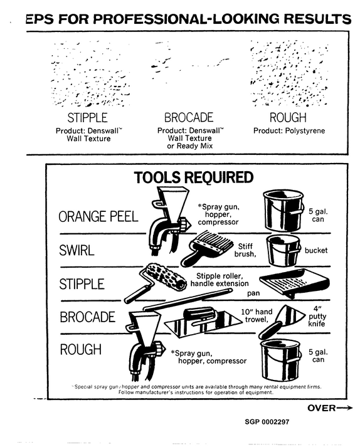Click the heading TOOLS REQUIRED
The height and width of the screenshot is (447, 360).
[x=193, y=177]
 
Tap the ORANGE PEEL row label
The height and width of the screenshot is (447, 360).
[x=98, y=217]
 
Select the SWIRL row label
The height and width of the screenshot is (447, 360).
[x=77, y=250]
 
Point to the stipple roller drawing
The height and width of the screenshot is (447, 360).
[x=156, y=282]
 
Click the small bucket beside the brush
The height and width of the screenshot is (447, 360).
[x=283, y=251]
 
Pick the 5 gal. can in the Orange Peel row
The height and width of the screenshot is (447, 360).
[x=283, y=211]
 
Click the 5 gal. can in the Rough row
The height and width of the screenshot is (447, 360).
[x=281, y=360]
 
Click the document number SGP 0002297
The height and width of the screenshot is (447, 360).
[x=267, y=422]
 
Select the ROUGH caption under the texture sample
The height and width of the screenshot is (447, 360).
[x=288, y=117]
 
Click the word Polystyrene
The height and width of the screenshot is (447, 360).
[x=305, y=131]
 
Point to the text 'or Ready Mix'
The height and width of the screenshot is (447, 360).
[x=190, y=146]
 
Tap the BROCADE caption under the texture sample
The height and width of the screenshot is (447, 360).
[x=189, y=117]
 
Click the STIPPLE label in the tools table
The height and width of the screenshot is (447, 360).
[x=82, y=284]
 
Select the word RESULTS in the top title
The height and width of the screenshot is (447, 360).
[x=317, y=19]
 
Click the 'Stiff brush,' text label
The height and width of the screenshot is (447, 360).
[x=245, y=250]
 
